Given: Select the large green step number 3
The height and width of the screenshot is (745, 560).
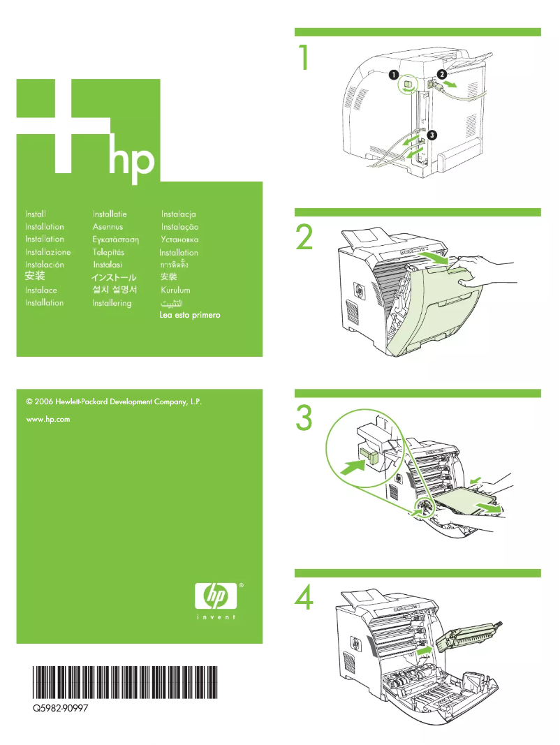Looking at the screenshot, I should tap(304, 418).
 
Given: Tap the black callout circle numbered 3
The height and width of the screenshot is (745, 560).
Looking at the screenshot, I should tap(432, 134).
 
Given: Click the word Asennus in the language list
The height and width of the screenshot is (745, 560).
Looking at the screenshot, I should tap(108, 227).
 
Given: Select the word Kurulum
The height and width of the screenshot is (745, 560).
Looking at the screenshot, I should tap(175, 290).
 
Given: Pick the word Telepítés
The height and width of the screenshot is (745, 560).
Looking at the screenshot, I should tap(108, 252).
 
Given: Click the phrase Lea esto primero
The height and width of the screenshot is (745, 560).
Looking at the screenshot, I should tap(190, 316).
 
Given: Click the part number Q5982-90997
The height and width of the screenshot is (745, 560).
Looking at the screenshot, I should tap(59, 708).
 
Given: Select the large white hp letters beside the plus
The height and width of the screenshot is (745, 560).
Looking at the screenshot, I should tap(132, 161).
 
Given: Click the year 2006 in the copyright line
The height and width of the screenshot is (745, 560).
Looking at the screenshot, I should tap(45, 402).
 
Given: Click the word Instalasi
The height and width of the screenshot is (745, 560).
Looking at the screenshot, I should tap(108, 265).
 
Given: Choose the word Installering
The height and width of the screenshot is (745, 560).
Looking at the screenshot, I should tap(112, 303).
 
